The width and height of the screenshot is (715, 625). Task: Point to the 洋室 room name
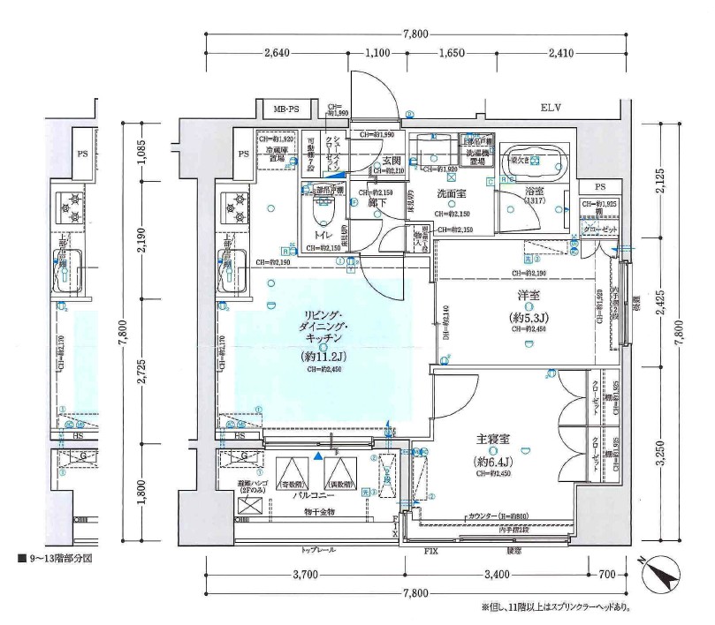pos(529,297)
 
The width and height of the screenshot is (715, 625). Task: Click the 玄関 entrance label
pos(392,161)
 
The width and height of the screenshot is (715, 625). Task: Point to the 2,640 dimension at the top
pos(277,53)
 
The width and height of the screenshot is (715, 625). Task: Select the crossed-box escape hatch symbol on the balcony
pos(248,508)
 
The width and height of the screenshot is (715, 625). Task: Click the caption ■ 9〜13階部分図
pos(55,559)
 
